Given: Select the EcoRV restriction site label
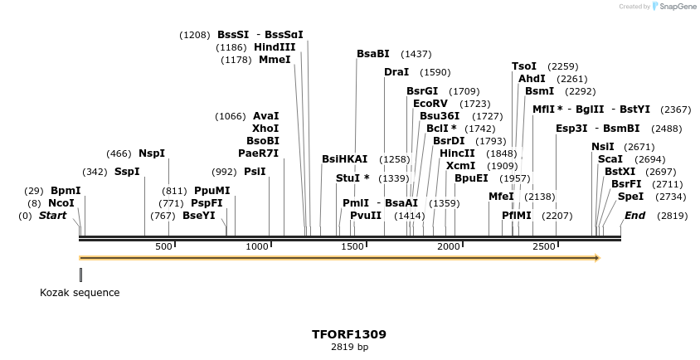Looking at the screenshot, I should (430, 104).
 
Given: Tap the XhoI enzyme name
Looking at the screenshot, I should (265, 129).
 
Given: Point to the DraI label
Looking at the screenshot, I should (396, 72).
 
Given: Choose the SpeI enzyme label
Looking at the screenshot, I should (630, 197).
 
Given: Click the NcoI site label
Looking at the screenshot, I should (61, 203).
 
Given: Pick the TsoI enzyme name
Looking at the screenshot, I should (524, 66).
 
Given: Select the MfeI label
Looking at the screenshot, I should (501, 197).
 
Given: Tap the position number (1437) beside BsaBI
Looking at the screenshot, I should (416, 54).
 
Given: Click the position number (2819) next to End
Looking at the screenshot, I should (673, 216).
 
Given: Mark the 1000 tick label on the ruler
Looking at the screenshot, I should (260, 246).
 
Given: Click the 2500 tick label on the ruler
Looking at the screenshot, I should (543, 246).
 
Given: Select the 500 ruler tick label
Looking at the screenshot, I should (164, 246).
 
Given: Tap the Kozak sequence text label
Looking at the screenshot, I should (80, 293).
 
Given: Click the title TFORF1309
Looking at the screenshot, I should (349, 334).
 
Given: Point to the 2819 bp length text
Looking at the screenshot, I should (349, 348).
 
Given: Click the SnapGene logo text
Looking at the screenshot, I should (676, 7).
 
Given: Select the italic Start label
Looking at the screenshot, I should (53, 216).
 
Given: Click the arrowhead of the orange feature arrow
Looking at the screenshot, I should (595, 258).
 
